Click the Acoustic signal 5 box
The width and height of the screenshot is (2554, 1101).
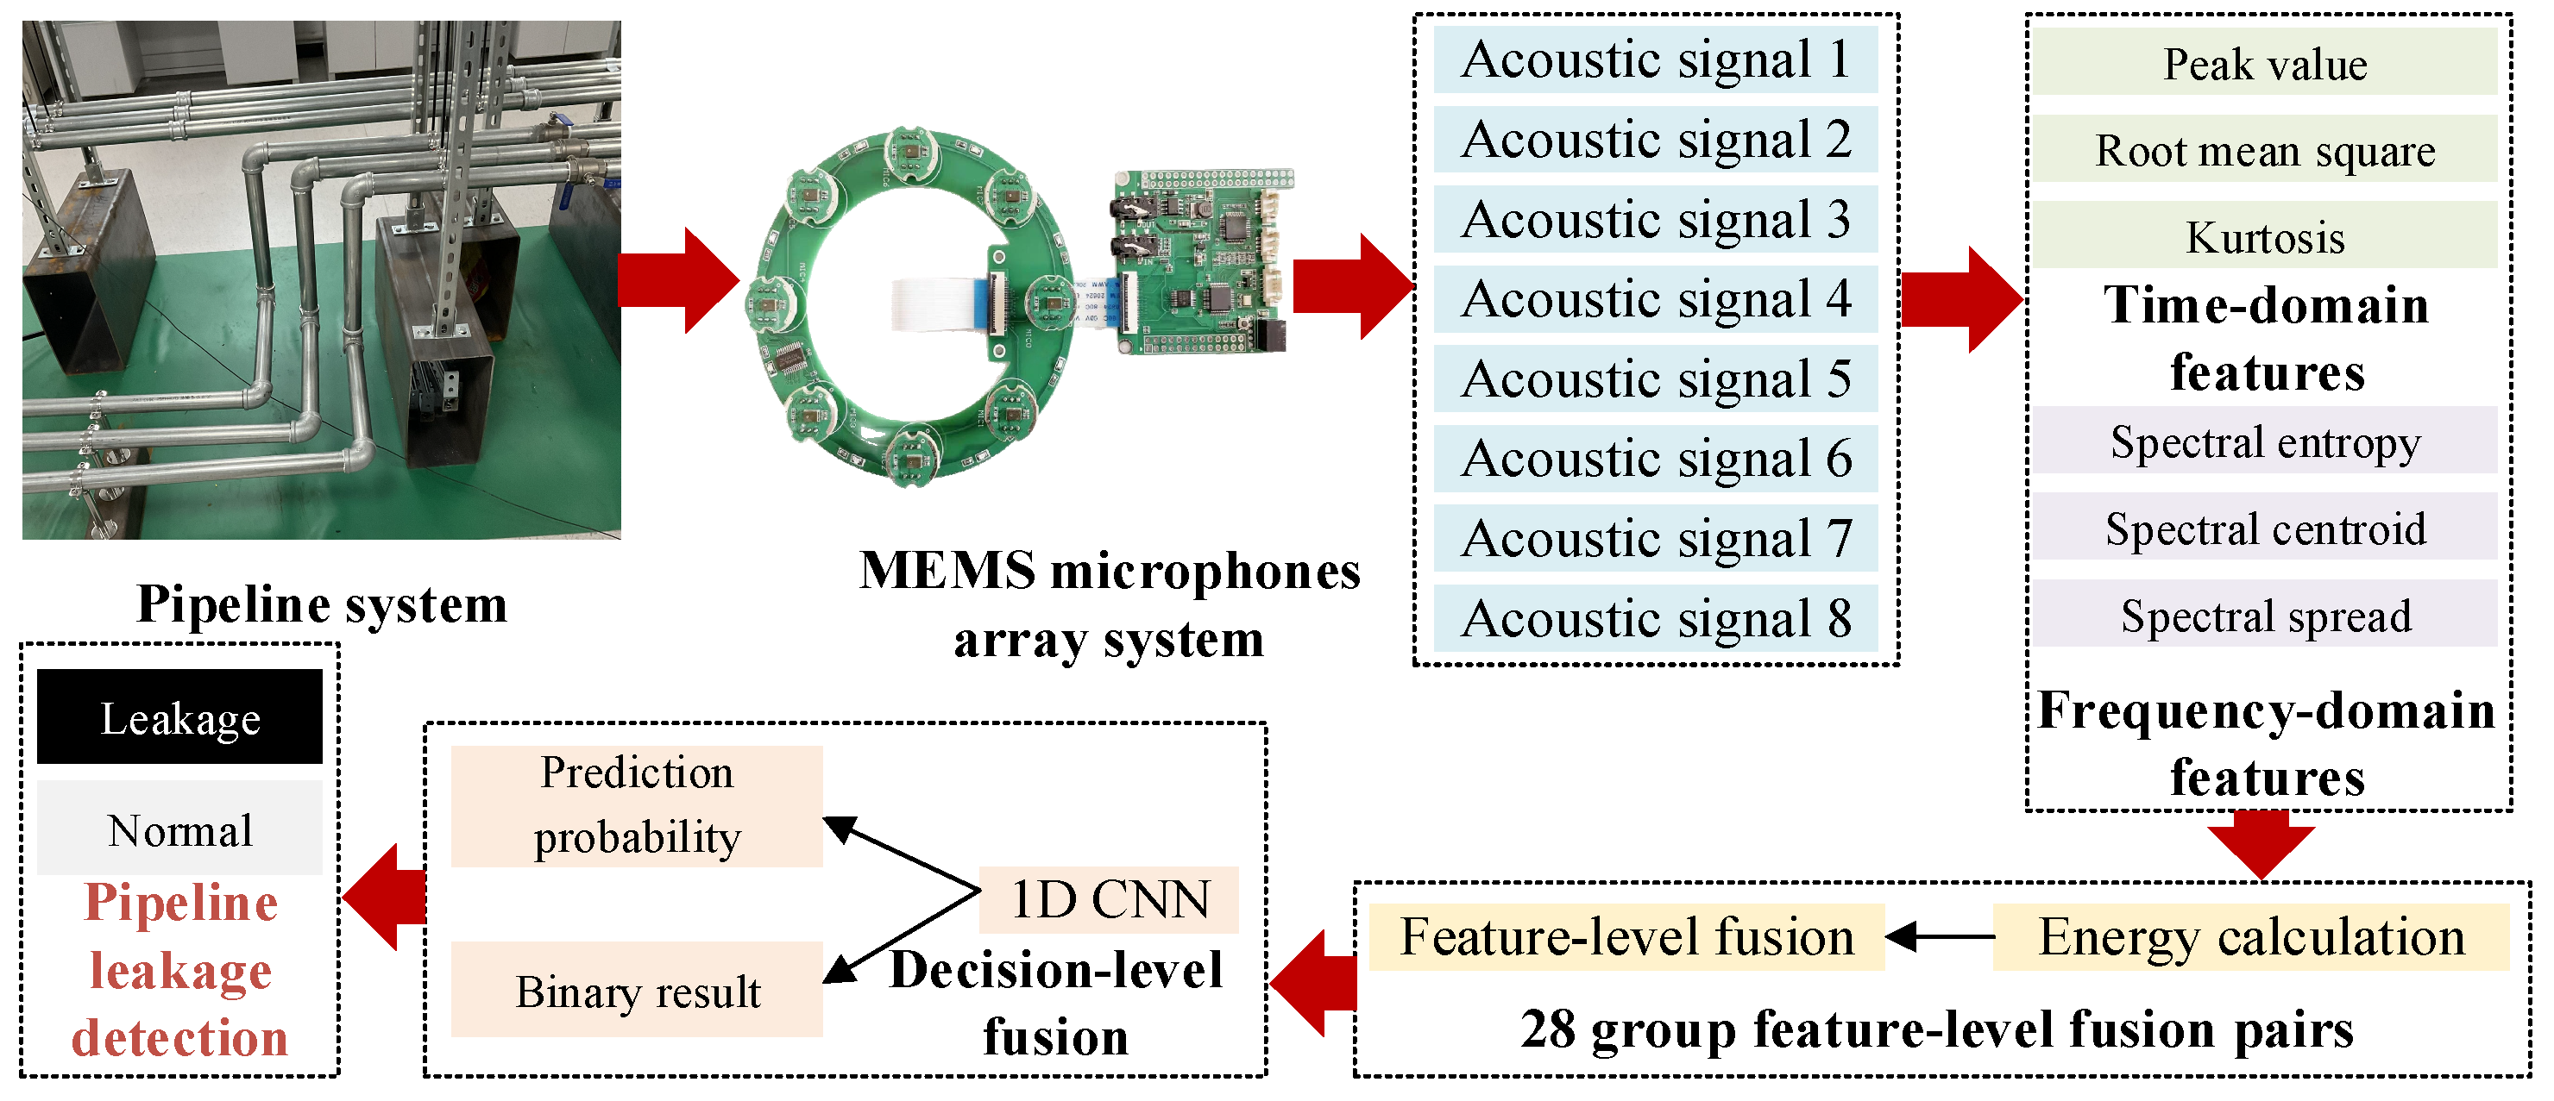(x=1655, y=378)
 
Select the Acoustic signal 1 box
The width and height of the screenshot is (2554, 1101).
(x=1655, y=59)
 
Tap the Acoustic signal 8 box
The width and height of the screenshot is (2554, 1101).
(x=1655, y=618)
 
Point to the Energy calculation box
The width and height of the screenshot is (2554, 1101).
(x=2250, y=936)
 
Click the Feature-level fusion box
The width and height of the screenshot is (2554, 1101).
(x=1626, y=936)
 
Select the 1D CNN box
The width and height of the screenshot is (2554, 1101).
(x=1109, y=900)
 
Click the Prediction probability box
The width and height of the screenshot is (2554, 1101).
(x=637, y=805)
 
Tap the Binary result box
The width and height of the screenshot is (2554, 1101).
(x=637, y=990)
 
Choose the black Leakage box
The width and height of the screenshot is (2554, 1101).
(x=179, y=716)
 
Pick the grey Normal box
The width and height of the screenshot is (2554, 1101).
(x=179, y=829)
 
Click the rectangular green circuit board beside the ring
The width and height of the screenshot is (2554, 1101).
(x=1199, y=263)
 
